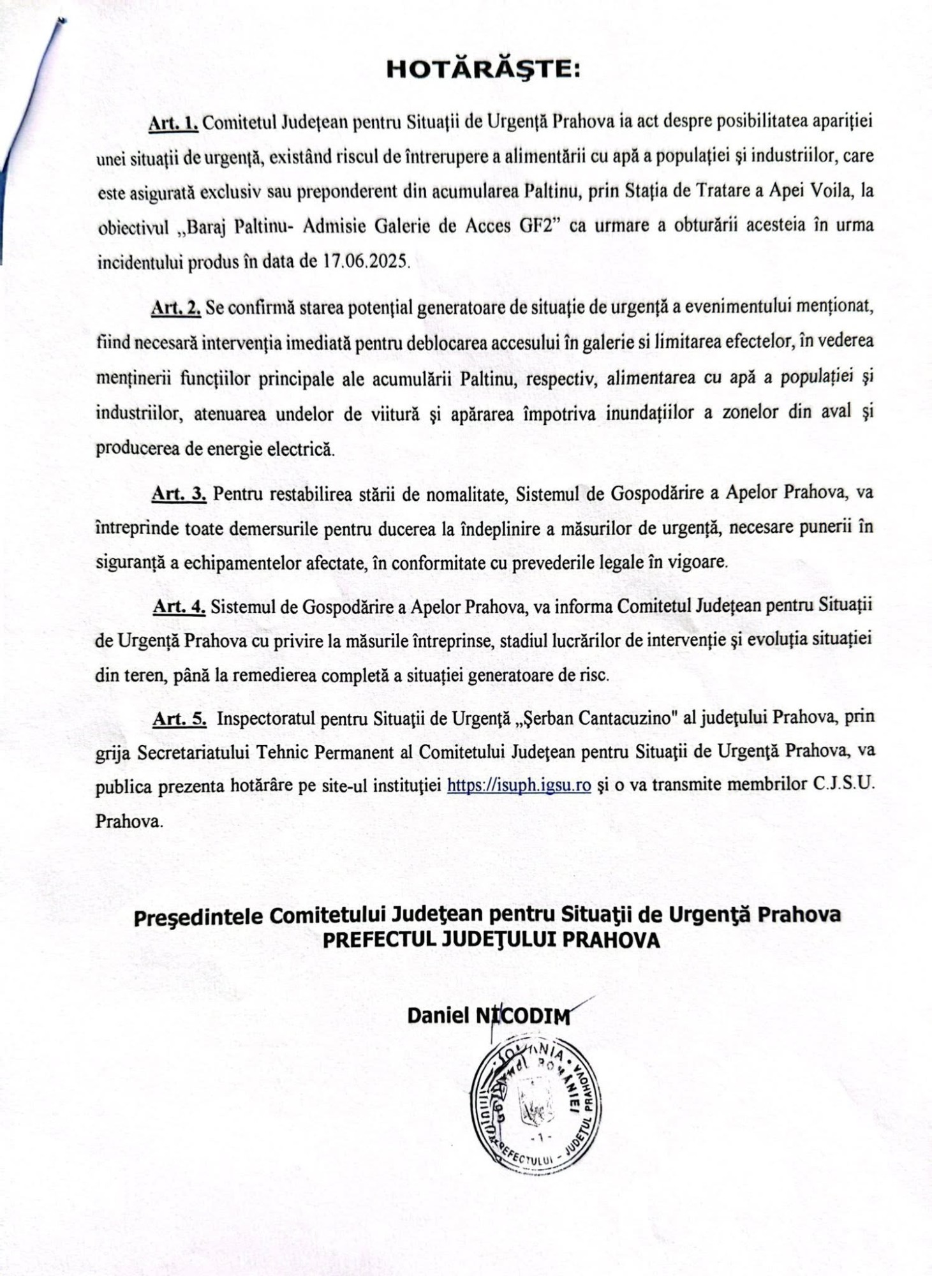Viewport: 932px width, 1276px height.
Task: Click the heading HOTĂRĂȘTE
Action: [484, 70]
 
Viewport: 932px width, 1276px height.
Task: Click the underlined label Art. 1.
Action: [174, 123]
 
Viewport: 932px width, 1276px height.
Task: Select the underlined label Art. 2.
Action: [176, 309]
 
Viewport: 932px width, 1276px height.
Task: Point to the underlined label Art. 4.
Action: [179, 607]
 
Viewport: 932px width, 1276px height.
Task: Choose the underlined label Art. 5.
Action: [180, 719]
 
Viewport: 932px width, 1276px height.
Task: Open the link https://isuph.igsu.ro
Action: [519, 785]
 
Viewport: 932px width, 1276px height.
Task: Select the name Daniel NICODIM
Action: [489, 1016]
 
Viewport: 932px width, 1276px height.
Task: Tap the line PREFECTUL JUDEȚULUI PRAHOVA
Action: [491, 941]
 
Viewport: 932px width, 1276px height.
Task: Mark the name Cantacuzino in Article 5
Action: [628, 718]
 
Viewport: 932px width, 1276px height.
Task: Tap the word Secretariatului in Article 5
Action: [192, 753]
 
